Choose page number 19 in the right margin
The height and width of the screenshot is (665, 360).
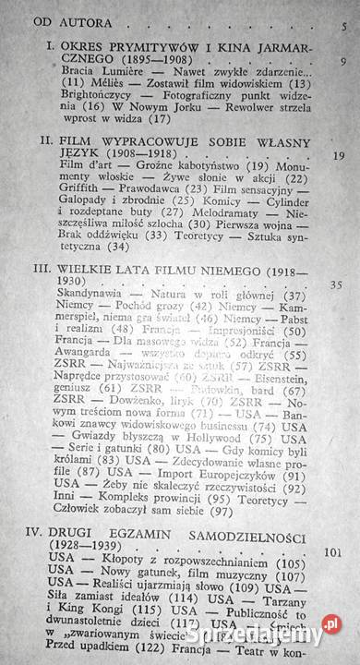337,155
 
